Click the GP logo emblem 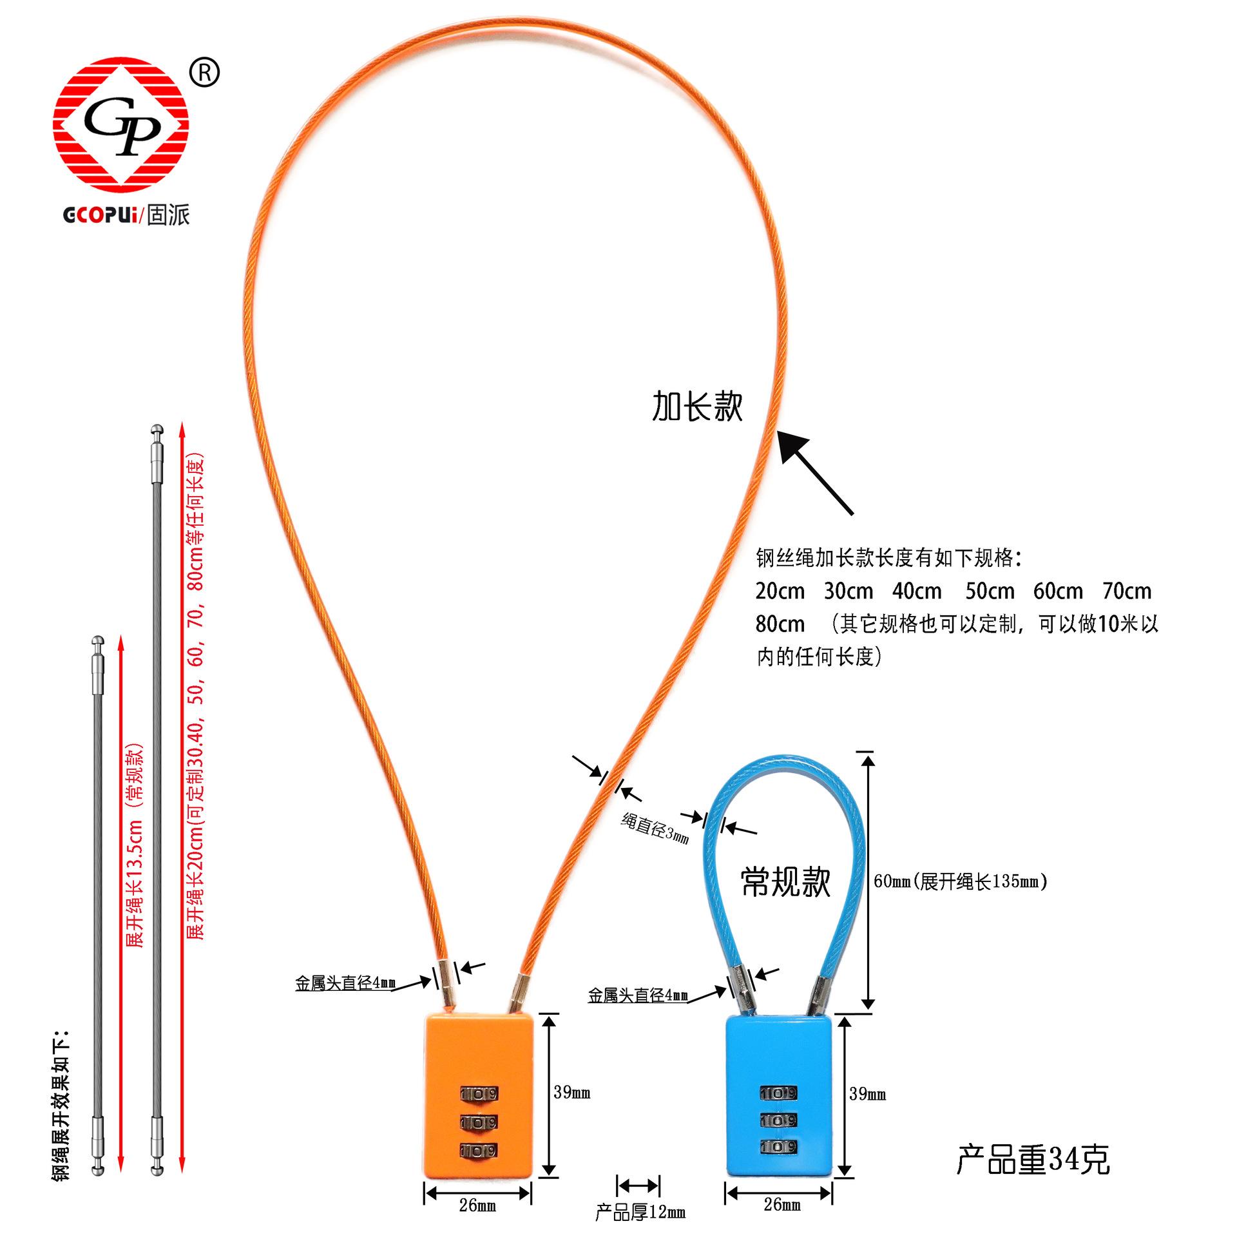tap(121, 126)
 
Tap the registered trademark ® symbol tap(205, 73)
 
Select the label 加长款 tap(697, 407)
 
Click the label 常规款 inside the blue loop tap(786, 882)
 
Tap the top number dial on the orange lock tap(479, 1093)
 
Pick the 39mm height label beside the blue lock tap(867, 1094)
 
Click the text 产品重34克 tap(1033, 1159)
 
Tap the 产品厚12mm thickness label tap(640, 1213)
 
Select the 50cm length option tap(990, 591)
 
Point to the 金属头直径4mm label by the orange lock tap(345, 983)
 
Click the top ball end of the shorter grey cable tap(97, 642)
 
